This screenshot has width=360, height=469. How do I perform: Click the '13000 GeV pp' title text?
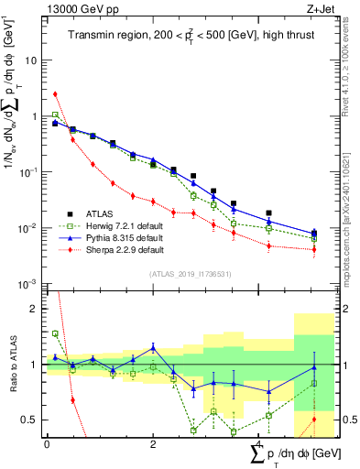(x=75, y=8)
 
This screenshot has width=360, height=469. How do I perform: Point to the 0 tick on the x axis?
(x=47, y=444)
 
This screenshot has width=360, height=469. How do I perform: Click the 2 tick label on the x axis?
(x=152, y=444)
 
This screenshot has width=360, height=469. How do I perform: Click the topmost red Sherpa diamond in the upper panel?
(x=55, y=93)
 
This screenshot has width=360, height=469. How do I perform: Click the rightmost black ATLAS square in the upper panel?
(x=314, y=234)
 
